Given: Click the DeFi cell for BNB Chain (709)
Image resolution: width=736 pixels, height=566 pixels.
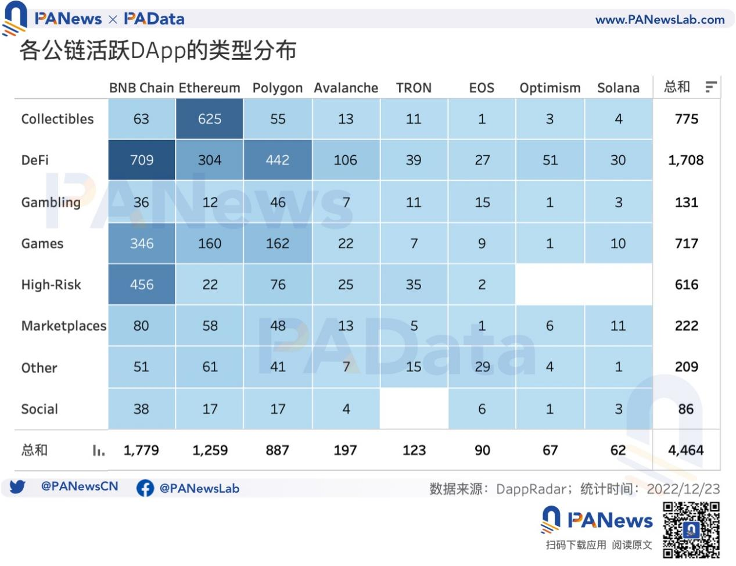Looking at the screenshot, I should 142,160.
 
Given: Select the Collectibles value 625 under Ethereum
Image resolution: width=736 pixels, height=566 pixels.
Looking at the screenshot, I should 209,119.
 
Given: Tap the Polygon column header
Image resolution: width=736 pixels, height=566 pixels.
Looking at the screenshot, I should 277,88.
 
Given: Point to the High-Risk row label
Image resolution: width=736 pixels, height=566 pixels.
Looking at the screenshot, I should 51,285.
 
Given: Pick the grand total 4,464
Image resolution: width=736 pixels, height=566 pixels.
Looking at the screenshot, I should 686,450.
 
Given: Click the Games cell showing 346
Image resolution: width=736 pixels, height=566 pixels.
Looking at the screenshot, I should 142,243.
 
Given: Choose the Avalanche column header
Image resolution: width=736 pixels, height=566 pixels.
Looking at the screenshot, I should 346,88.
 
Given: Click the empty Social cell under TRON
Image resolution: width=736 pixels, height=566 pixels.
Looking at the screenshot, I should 414,409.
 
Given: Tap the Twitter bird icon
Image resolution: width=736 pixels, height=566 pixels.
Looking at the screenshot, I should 17,487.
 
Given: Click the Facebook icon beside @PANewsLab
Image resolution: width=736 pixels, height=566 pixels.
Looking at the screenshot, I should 145,488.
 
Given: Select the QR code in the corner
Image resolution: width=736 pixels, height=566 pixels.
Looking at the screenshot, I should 691,530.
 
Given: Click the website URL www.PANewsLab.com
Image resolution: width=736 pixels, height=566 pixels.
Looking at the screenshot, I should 660,20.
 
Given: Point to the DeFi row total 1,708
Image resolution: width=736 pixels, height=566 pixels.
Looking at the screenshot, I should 686,160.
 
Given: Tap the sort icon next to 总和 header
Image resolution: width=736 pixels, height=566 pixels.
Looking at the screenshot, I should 711,87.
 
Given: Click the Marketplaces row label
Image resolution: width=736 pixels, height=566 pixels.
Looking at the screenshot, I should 64,326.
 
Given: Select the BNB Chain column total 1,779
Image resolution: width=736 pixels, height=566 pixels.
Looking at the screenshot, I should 141,450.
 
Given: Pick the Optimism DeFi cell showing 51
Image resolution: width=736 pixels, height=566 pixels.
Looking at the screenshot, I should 550,160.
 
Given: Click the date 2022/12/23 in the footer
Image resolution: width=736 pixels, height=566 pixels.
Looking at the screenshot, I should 683,489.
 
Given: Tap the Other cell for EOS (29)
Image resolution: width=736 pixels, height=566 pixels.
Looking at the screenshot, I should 482,367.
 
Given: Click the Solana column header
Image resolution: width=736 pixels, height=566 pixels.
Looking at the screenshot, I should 618,88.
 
